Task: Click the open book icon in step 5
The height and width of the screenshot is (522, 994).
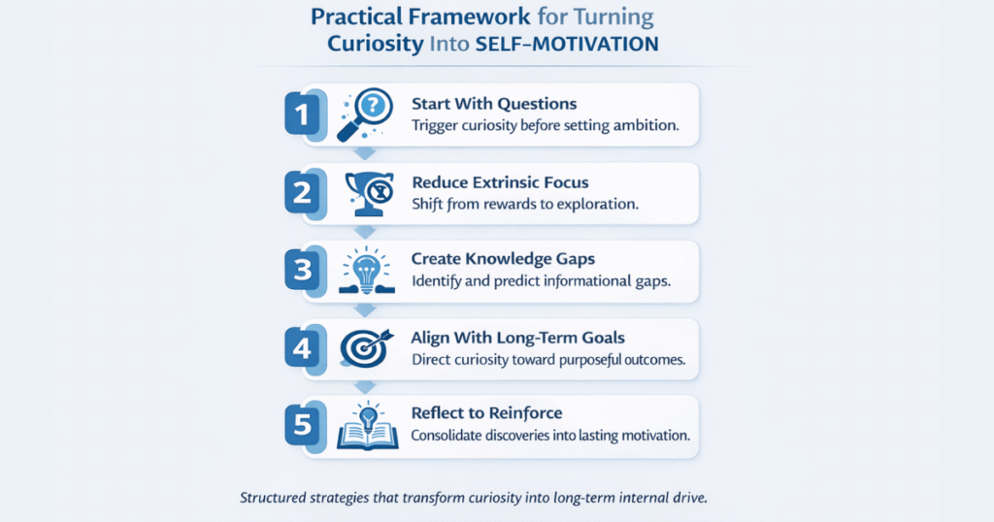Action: (363, 427)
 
